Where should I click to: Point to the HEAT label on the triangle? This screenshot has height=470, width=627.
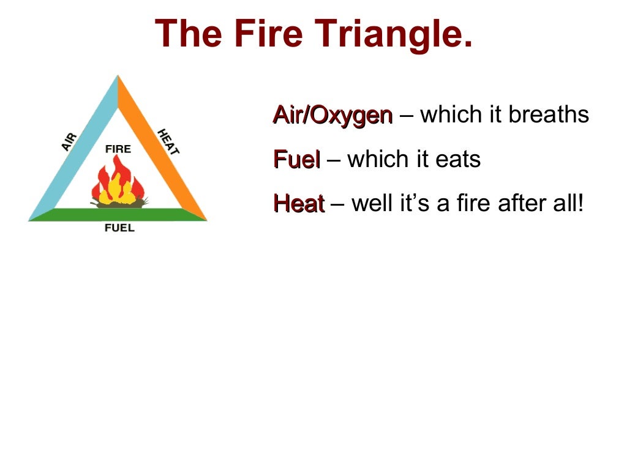click(x=168, y=141)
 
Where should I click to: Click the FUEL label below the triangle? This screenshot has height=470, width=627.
click(x=119, y=228)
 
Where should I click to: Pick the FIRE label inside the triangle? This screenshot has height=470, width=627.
click(x=118, y=149)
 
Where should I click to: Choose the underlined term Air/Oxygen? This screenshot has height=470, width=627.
click(x=332, y=114)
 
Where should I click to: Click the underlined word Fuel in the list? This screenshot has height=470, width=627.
click(x=296, y=160)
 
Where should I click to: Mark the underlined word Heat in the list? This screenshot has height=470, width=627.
click(x=298, y=204)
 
